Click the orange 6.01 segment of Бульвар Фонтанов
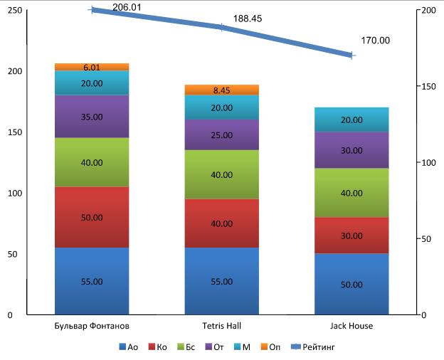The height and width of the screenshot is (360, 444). [92, 67]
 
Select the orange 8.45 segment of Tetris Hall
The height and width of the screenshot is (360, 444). [221, 90]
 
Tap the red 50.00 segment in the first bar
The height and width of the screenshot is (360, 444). [92, 217]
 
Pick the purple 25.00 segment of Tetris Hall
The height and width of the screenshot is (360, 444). [221, 134]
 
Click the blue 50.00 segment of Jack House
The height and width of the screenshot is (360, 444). [351, 284]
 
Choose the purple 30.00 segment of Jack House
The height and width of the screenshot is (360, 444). [351, 150]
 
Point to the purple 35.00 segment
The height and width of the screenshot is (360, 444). [92, 117]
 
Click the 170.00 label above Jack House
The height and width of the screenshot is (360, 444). [375, 41]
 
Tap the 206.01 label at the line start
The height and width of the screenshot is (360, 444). [124, 6]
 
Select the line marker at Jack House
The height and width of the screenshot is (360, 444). [351, 55]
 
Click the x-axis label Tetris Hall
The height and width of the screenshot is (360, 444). [221, 326]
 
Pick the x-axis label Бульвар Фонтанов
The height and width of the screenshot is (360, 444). [92, 326]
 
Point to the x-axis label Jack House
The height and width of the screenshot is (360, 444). [351, 326]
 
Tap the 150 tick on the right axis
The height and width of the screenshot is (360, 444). [428, 87]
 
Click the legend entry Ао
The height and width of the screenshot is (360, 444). [128, 347]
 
